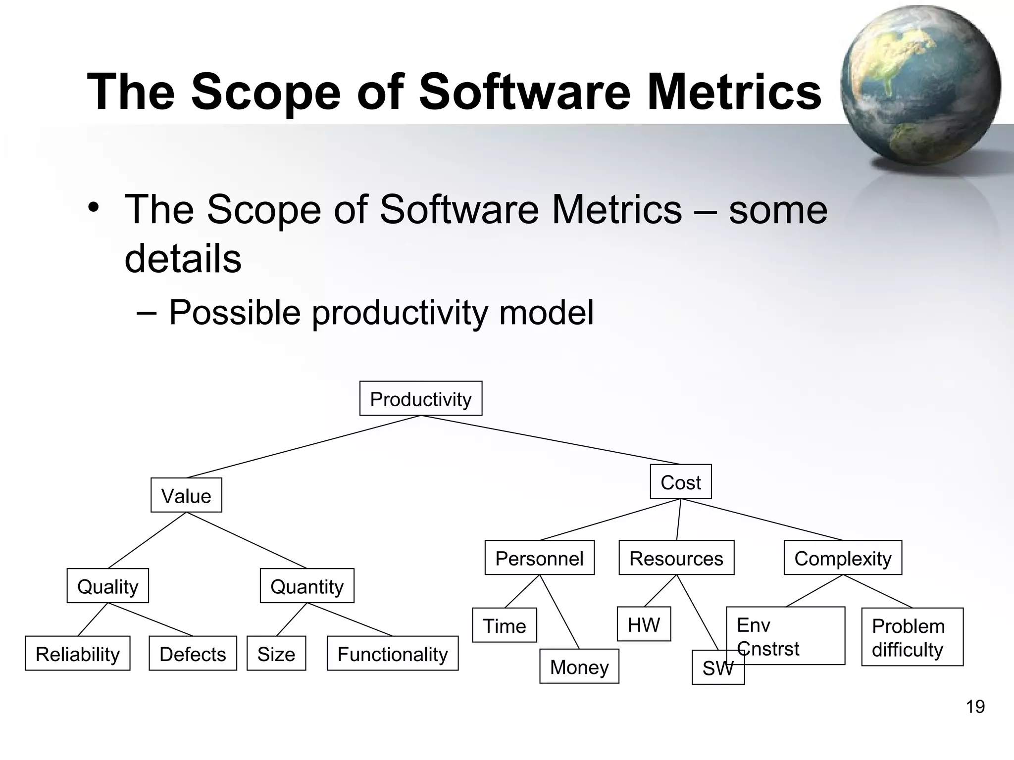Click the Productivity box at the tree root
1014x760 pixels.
[x=421, y=399]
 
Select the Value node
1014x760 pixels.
[x=186, y=495]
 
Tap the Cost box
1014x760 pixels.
[x=681, y=482]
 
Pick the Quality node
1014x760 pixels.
[x=108, y=586]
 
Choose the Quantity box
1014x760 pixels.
[x=307, y=586]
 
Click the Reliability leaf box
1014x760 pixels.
[x=78, y=654]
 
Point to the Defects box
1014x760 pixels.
[x=193, y=654]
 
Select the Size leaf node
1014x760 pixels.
[x=276, y=654]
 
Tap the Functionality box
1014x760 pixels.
[x=393, y=654]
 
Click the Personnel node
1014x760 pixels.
[x=539, y=558]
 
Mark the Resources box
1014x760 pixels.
[x=676, y=558]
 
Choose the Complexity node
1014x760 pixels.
[x=843, y=558]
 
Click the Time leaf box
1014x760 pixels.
[x=505, y=625]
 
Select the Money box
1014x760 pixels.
[x=579, y=666]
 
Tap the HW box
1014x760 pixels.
[x=644, y=624]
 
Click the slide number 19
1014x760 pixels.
[x=975, y=707]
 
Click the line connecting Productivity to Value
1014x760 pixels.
[x=303, y=447]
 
